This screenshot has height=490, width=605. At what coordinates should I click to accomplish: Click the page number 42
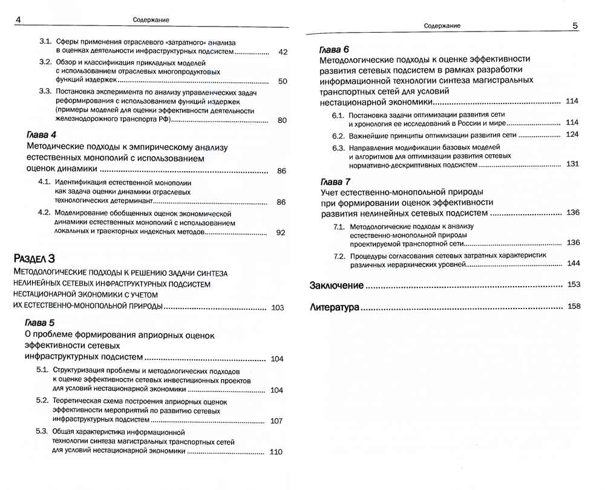click(283, 53)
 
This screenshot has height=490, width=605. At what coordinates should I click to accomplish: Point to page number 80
click(282, 120)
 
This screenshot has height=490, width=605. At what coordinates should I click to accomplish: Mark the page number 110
click(276, 452)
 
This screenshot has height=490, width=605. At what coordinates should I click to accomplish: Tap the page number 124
click(572, 134)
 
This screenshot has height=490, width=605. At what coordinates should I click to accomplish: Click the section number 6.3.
click(338, 148)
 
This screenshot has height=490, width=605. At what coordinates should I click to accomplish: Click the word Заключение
click(336, 285)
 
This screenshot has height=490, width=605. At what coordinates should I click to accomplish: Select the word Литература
click(334, 307)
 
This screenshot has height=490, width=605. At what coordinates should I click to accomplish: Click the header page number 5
click(575, 26)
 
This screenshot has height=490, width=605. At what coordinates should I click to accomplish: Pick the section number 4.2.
click(44, 213)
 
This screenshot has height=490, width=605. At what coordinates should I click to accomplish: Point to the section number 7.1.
click(339, 227)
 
